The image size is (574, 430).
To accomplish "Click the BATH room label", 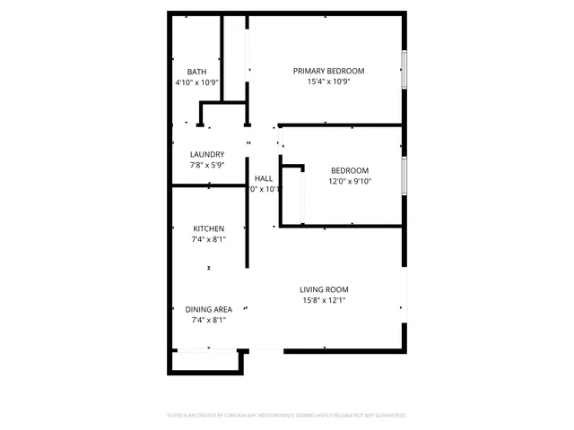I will click(x=197, y=72).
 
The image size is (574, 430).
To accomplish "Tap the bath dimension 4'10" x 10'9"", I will click(x=197, y=82).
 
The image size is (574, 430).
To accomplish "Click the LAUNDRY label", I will click(x=207, y=154).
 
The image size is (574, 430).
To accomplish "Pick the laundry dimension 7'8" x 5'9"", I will click(x=207, y=165).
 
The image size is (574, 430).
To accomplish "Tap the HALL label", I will click(x=264, y=178).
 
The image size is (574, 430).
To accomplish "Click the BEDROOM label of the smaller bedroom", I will click(x=349, y=170).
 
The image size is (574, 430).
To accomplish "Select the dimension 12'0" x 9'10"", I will click(x=349, y=181).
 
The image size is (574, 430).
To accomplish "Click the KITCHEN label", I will click(x=208, y=228).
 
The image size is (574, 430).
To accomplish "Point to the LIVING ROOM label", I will click(x=324, y=289).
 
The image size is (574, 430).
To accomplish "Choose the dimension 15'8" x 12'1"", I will click(x=324, y=300).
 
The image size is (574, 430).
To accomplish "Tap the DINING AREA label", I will click(x=208, y=309).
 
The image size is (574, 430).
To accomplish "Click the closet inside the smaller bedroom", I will click(x=292, y=193).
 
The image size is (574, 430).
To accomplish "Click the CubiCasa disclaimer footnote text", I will click(x=287, y=416).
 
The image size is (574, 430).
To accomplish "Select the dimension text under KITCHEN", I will click(x=208, y=239).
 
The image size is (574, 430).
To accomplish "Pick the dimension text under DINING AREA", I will click(x=208, y=320).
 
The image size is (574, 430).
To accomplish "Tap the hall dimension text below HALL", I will click(x=264, y=189).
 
